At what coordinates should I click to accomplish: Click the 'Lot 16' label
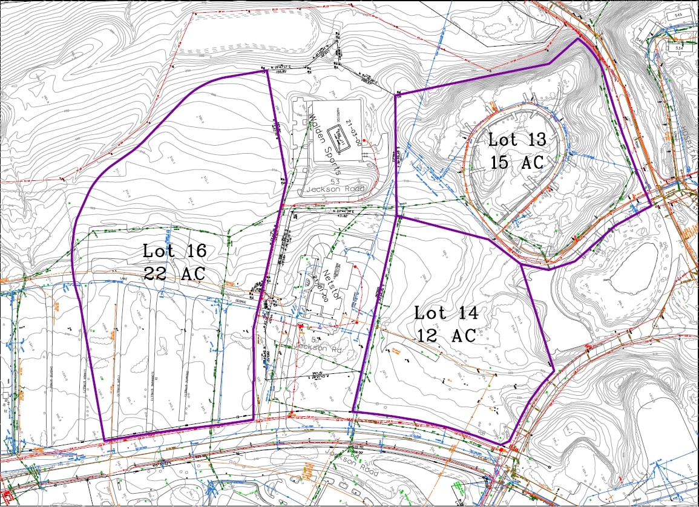(174, 250)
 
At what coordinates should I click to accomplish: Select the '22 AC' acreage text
(174, 272)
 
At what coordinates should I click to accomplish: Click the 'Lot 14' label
(446, 313)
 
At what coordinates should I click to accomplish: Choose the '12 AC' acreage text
(446, 336)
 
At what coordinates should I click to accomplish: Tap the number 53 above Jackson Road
(334, 181)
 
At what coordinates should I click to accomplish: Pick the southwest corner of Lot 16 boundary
(104, 440)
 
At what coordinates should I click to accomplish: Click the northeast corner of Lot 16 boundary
(267, 71)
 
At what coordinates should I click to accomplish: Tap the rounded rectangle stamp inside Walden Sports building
(340, 134)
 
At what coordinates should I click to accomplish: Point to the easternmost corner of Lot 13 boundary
(652, 205)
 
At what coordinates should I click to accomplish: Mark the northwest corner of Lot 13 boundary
(395, 94)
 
